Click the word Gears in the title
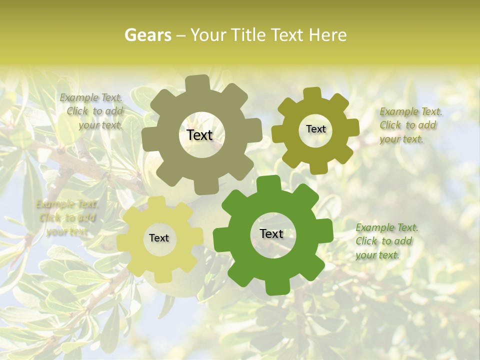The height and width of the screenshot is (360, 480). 148,35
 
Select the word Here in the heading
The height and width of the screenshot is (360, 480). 328,35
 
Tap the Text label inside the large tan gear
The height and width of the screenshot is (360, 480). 199,135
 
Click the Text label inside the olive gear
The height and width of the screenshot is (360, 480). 315,129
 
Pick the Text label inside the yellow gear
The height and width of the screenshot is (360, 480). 159,238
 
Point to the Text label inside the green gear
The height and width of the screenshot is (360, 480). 271,233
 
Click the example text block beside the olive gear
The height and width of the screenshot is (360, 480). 410,125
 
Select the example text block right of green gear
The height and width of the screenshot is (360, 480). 386,241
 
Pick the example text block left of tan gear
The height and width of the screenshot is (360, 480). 93,111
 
